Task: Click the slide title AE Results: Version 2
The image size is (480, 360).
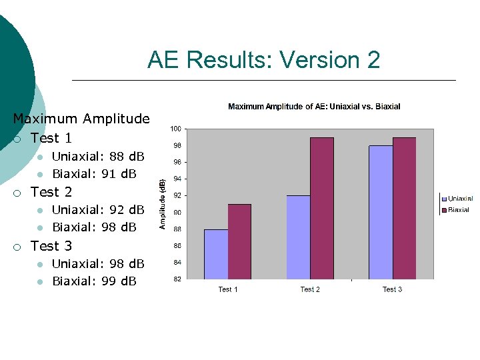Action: (264, 60)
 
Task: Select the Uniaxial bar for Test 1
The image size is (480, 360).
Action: (216, 254)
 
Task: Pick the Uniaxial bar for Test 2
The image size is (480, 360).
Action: (298, 237)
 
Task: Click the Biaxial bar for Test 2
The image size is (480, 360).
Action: (321, 208)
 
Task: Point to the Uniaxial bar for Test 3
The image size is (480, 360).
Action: (381, 212)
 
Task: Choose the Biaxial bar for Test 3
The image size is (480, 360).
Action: (404, 208)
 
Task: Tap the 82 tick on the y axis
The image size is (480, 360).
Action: (176, 279)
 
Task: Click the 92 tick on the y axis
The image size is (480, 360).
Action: (176, 195)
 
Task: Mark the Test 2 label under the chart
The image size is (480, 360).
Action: (310, 289)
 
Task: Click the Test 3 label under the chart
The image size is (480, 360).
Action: (392, 289)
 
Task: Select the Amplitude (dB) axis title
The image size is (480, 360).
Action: (162, 203)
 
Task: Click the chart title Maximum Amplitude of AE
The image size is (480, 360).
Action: (314, 107)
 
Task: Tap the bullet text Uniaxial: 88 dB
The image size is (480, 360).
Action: (98, 157)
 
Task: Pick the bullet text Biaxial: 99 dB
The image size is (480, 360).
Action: (94, 281)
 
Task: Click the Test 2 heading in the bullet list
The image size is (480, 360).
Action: (51, 192)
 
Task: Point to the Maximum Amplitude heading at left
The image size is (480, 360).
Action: (81, 119)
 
